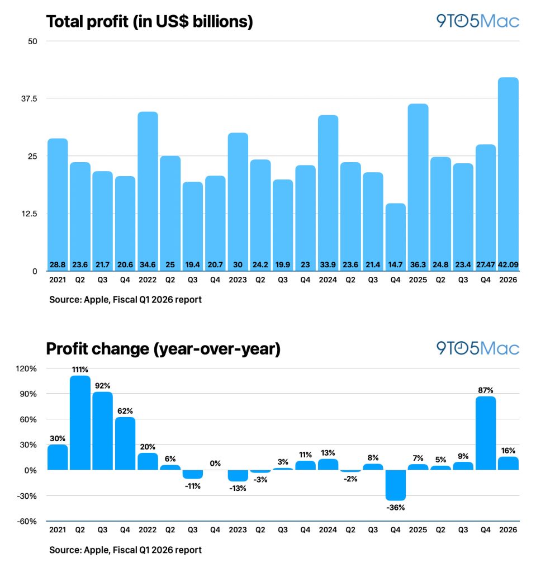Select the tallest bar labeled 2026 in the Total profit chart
click(508, 168)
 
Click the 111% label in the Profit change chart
click(80, 370)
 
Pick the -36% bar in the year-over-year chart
click(395, 485)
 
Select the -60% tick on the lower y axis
click(28, 521)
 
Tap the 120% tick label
click(27, 368)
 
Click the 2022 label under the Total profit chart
click(148, 279)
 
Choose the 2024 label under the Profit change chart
click(328, 530)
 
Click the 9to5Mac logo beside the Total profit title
click(478, 21)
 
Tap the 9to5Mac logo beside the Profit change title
click(478, 348)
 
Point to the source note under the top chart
click(125, 300)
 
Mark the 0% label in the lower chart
click(215, 463)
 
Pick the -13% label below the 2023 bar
click(238, 488)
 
